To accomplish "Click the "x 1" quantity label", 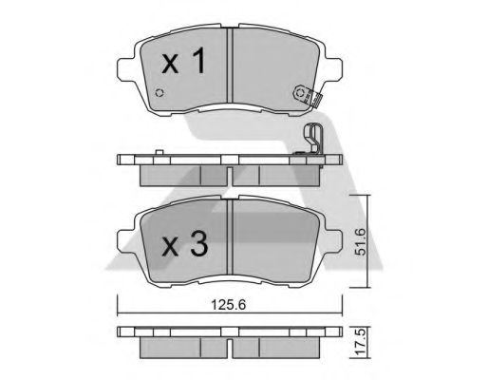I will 183,65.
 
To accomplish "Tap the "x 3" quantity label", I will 184,246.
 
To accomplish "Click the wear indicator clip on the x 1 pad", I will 305,93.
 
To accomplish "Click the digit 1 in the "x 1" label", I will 199,64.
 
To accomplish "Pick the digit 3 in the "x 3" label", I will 198,245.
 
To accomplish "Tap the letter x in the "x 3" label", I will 169,248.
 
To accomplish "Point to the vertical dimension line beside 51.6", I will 368,242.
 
